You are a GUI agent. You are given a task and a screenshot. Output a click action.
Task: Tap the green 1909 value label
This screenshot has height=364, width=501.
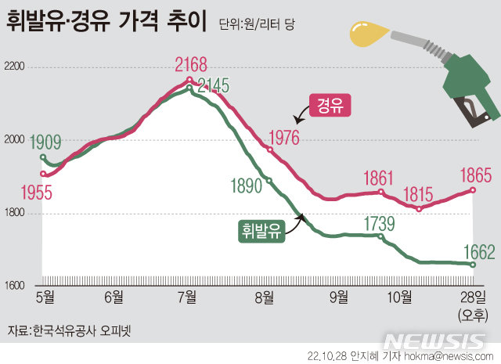(46, 142)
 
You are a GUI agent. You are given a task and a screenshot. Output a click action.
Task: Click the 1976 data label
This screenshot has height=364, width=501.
(283, 137)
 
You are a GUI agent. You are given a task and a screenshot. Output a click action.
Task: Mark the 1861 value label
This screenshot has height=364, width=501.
(380, 177)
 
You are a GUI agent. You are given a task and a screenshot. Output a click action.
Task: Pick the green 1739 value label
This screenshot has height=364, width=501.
(379, 223)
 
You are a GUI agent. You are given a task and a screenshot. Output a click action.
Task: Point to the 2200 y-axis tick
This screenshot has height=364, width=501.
(16, 68)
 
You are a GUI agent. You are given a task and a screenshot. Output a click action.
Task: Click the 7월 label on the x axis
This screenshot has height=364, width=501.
(187, 296)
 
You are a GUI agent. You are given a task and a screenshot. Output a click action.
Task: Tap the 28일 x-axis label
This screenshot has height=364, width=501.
(474, 296)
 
